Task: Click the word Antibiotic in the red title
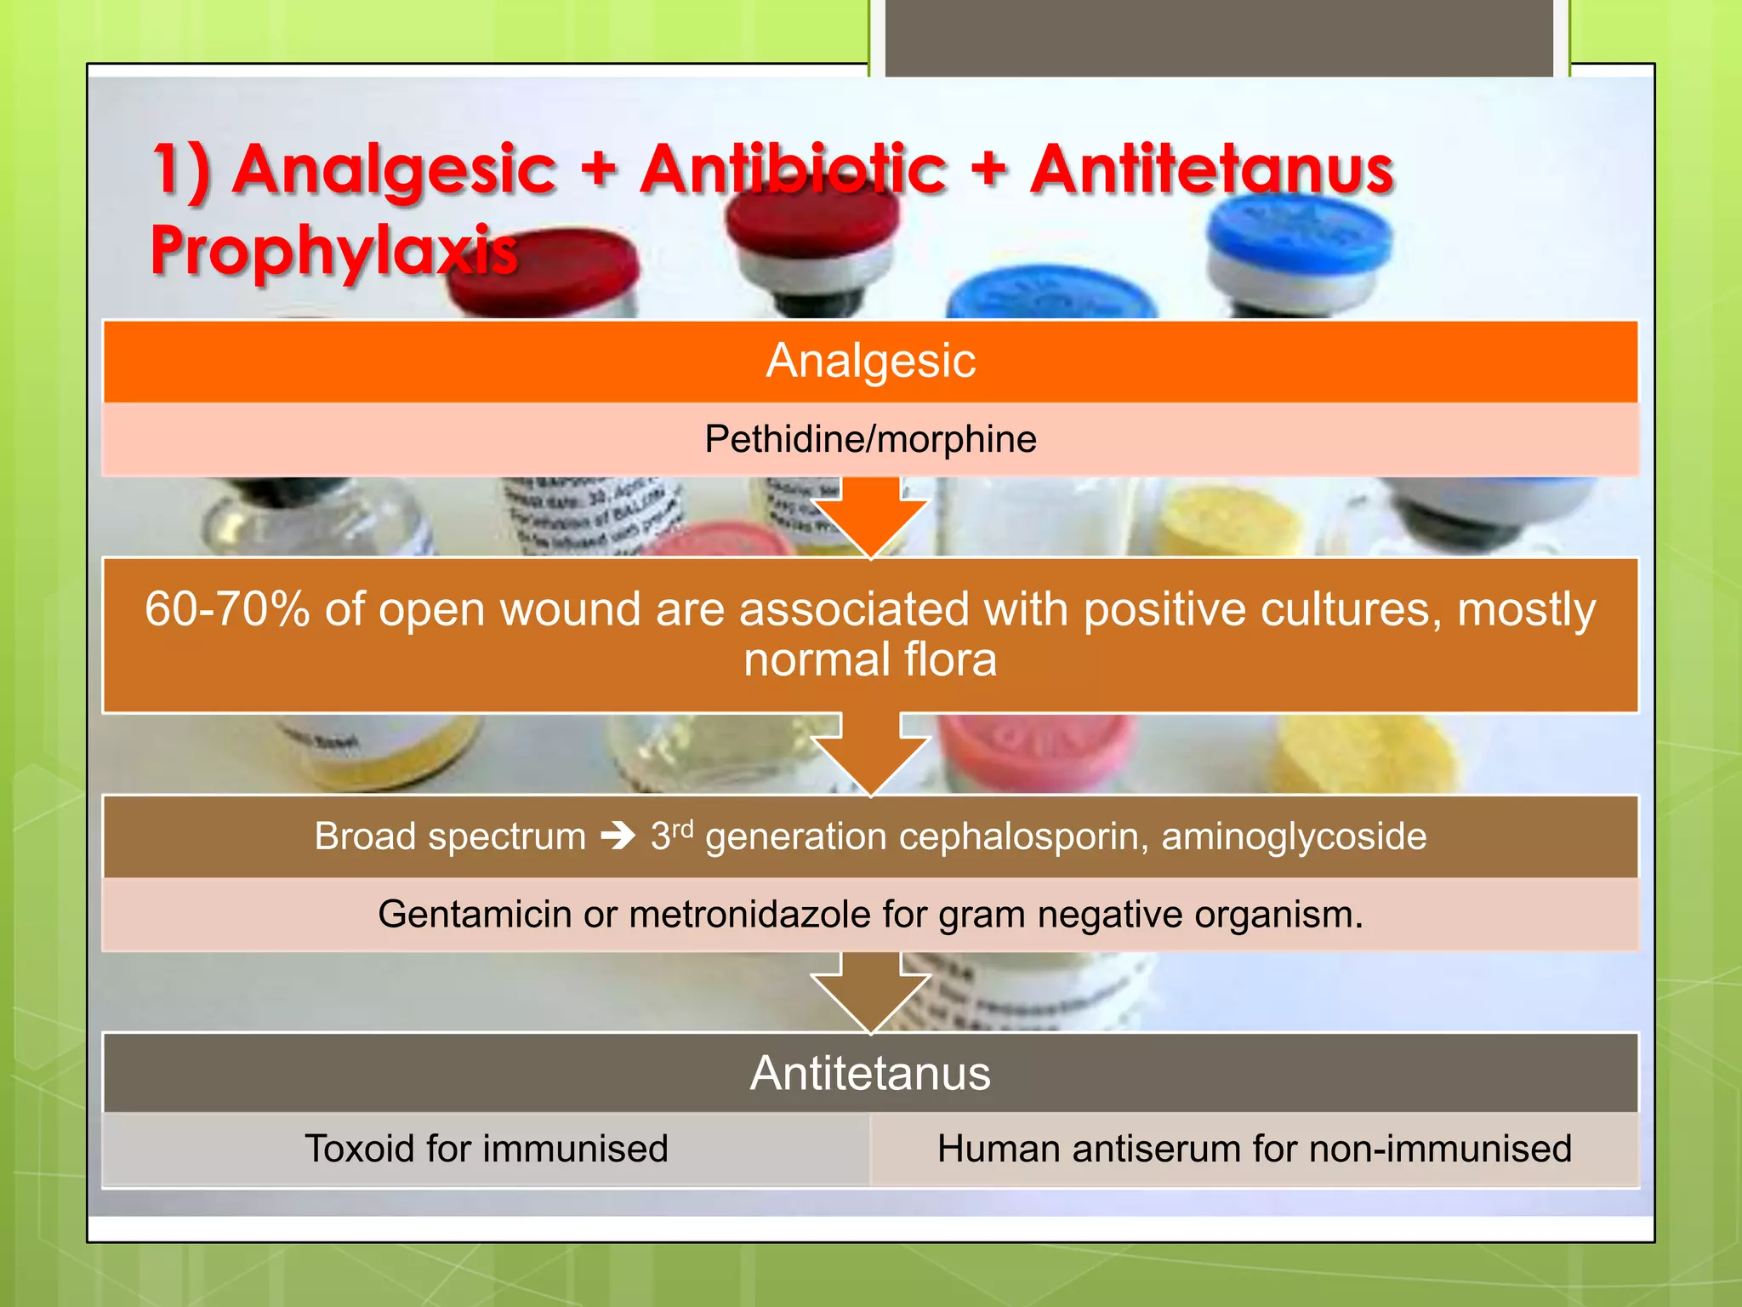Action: [x=793, y=168]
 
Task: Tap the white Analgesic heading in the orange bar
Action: [x=870, y=361]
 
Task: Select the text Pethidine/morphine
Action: [x=870, y=439]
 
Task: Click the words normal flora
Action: [x=870, y=659]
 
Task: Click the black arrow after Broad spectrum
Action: [x=618, y=836]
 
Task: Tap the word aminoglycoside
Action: [x=1294, y=836]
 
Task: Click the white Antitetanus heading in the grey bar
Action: [x=870, y=1073]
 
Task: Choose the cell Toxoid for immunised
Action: [x=487, y=1149]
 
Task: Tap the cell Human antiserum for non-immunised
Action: [x=1255, y=1149]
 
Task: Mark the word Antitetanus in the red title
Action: [x=1211, y=168]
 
